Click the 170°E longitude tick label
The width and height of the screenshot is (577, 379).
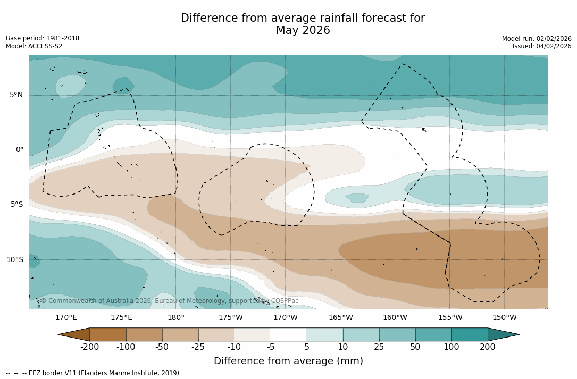click(x=66, y=318)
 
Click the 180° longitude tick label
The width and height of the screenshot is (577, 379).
click(x=176, y=318)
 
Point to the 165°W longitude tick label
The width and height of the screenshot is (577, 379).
click(x=340, y=318)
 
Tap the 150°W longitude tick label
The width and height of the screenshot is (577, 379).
click(x=504, y=318)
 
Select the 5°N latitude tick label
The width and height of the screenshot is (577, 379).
click(x=16, y=95)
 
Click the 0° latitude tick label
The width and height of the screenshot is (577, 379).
click(x=19, y=150)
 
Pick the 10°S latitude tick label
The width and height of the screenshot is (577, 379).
click(x=14, y=259)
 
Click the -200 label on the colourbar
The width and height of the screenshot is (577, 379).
click(x=89, y=347)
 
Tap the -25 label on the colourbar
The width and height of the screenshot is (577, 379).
click(x=198, y=347)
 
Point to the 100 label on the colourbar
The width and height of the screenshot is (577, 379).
click(x=451, y=347)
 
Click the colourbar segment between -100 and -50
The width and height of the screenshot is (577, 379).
click(x=144, y=334)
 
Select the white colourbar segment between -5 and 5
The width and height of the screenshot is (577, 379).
click(x=289, y=334)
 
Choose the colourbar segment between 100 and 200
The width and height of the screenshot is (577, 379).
click(x=470, y=334)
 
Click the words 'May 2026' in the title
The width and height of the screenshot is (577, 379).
click(x=303, y=31)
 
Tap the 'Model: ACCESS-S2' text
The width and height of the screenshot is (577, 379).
click(x=34, y=46)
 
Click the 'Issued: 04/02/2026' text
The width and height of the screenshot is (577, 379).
click(x=542, y=46)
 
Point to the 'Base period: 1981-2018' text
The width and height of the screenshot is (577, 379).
click(x=43, y=38)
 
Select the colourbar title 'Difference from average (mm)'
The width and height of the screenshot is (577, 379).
click(x=288, y=361)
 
